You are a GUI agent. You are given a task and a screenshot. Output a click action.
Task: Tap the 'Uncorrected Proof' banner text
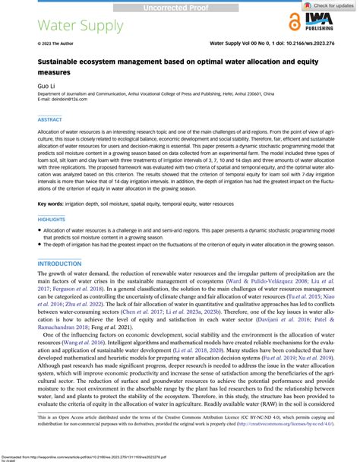tap(179, 6)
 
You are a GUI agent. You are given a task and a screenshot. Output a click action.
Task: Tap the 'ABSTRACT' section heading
tap(49, 119)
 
